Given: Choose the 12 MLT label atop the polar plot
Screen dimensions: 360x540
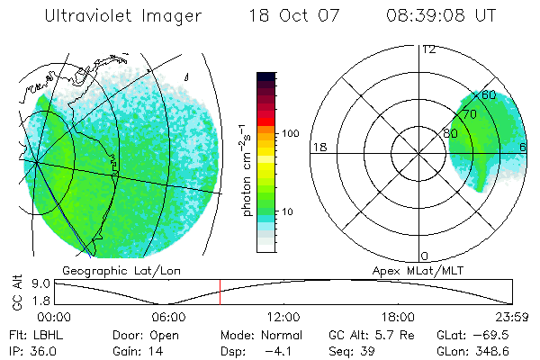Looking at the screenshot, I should pos(428,49).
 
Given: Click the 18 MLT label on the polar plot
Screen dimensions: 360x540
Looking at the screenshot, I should pos(318,147).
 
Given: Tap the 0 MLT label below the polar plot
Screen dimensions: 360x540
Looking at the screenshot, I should pos(424,256).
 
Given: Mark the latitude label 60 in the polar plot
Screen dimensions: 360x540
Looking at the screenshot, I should pos(490,94).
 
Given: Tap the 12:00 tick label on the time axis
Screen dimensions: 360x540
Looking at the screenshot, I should pos(284,316).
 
